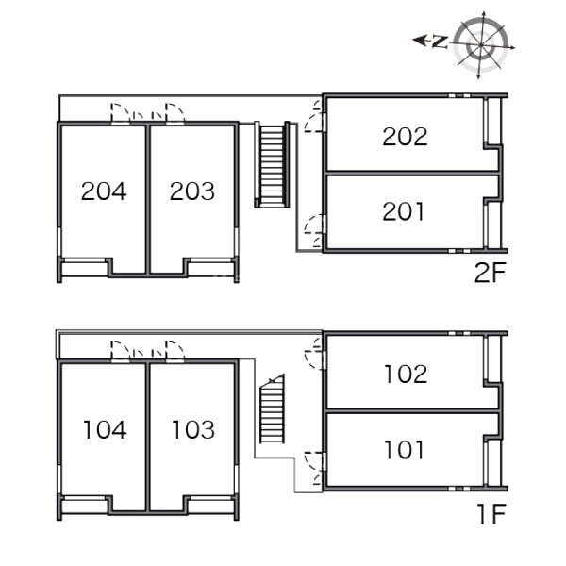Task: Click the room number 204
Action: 104,191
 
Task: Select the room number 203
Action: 192,191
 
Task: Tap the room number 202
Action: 405,137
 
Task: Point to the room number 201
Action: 403,211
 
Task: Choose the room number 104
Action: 105,429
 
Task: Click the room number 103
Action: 193,429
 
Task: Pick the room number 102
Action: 406,374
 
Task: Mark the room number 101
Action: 405,450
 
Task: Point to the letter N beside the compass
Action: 440,42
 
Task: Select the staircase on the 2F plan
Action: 272,164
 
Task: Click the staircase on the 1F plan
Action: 273,408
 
